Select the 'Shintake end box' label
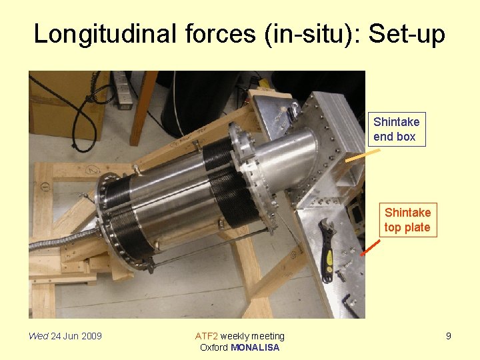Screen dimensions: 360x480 [x=396, y=129]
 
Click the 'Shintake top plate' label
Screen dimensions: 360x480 [x=407, y=220]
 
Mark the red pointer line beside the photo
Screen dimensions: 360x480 [x=371, y=246]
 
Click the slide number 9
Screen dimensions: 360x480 [x=448, y=336]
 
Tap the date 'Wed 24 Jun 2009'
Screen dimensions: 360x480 [x=65, y=336]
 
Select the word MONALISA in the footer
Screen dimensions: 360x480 [x=255, y=347]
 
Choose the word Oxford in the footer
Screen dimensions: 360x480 [x=214, y=347]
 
